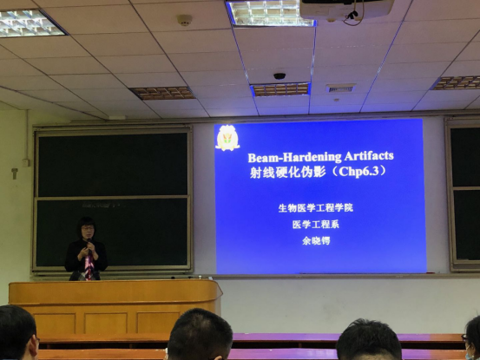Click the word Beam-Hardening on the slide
[294, 157]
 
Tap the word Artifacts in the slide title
[369, 155]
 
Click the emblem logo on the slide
[227, 138]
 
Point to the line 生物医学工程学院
[316, 208]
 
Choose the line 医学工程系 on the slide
[316, 225]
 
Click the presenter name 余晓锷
[316, 240]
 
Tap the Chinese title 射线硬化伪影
[288, 173]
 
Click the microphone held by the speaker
[89, 244]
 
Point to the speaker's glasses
[88, 228]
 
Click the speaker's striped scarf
[89, 266]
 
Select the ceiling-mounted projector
[346, 10]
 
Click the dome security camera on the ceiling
[279, 75]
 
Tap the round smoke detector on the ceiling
[185, 20]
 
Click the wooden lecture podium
[115, 306]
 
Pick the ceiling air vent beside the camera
[340, 88]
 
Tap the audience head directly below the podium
[200, 335]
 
